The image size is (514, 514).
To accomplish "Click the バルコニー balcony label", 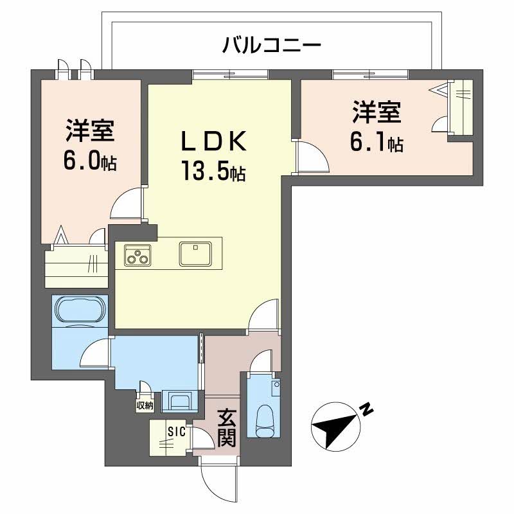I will [271, 46].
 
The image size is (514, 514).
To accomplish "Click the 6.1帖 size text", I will [376, 142].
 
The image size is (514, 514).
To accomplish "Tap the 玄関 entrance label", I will [226, 429].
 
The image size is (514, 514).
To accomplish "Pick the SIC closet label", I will [177, 432].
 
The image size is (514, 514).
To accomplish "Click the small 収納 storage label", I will [145, 405].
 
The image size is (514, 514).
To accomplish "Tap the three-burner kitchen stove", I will [136, 255].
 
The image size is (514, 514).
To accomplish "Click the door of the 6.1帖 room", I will [308, 158].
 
